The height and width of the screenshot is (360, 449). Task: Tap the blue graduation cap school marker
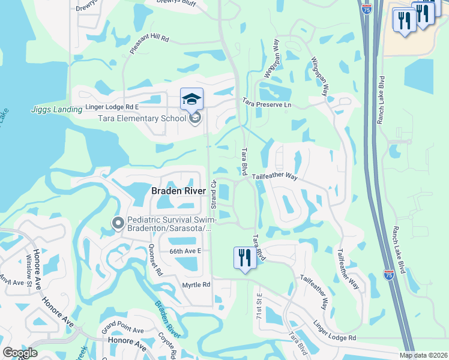point(192,99)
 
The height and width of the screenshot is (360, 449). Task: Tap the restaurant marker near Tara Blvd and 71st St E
point(245,258)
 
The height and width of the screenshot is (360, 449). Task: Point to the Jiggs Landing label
point(56,109)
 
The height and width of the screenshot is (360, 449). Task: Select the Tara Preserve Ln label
point(267,104)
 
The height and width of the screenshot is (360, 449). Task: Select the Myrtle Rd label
point(196,284)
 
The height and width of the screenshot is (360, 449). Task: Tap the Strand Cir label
point(214,191)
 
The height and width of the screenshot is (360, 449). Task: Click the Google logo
point(20,353)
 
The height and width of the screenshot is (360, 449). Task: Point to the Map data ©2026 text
point(424,355)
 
